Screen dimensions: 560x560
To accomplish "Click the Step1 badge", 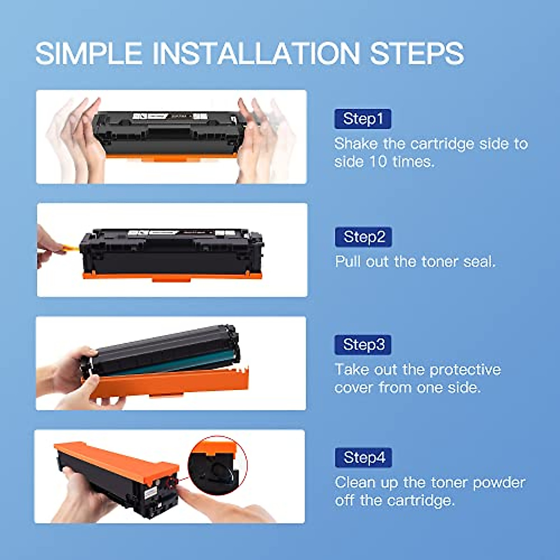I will click(x=363, y=119).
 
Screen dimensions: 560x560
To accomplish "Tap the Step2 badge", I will click(x=364, y=237).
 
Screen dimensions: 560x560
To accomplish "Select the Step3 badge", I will click(x=363, y=344).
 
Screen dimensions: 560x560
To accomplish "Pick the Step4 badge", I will click(x=364, y=457).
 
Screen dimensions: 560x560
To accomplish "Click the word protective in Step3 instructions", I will click(x=465, y=370).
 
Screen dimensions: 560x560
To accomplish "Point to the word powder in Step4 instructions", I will click(x=499, y=482).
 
